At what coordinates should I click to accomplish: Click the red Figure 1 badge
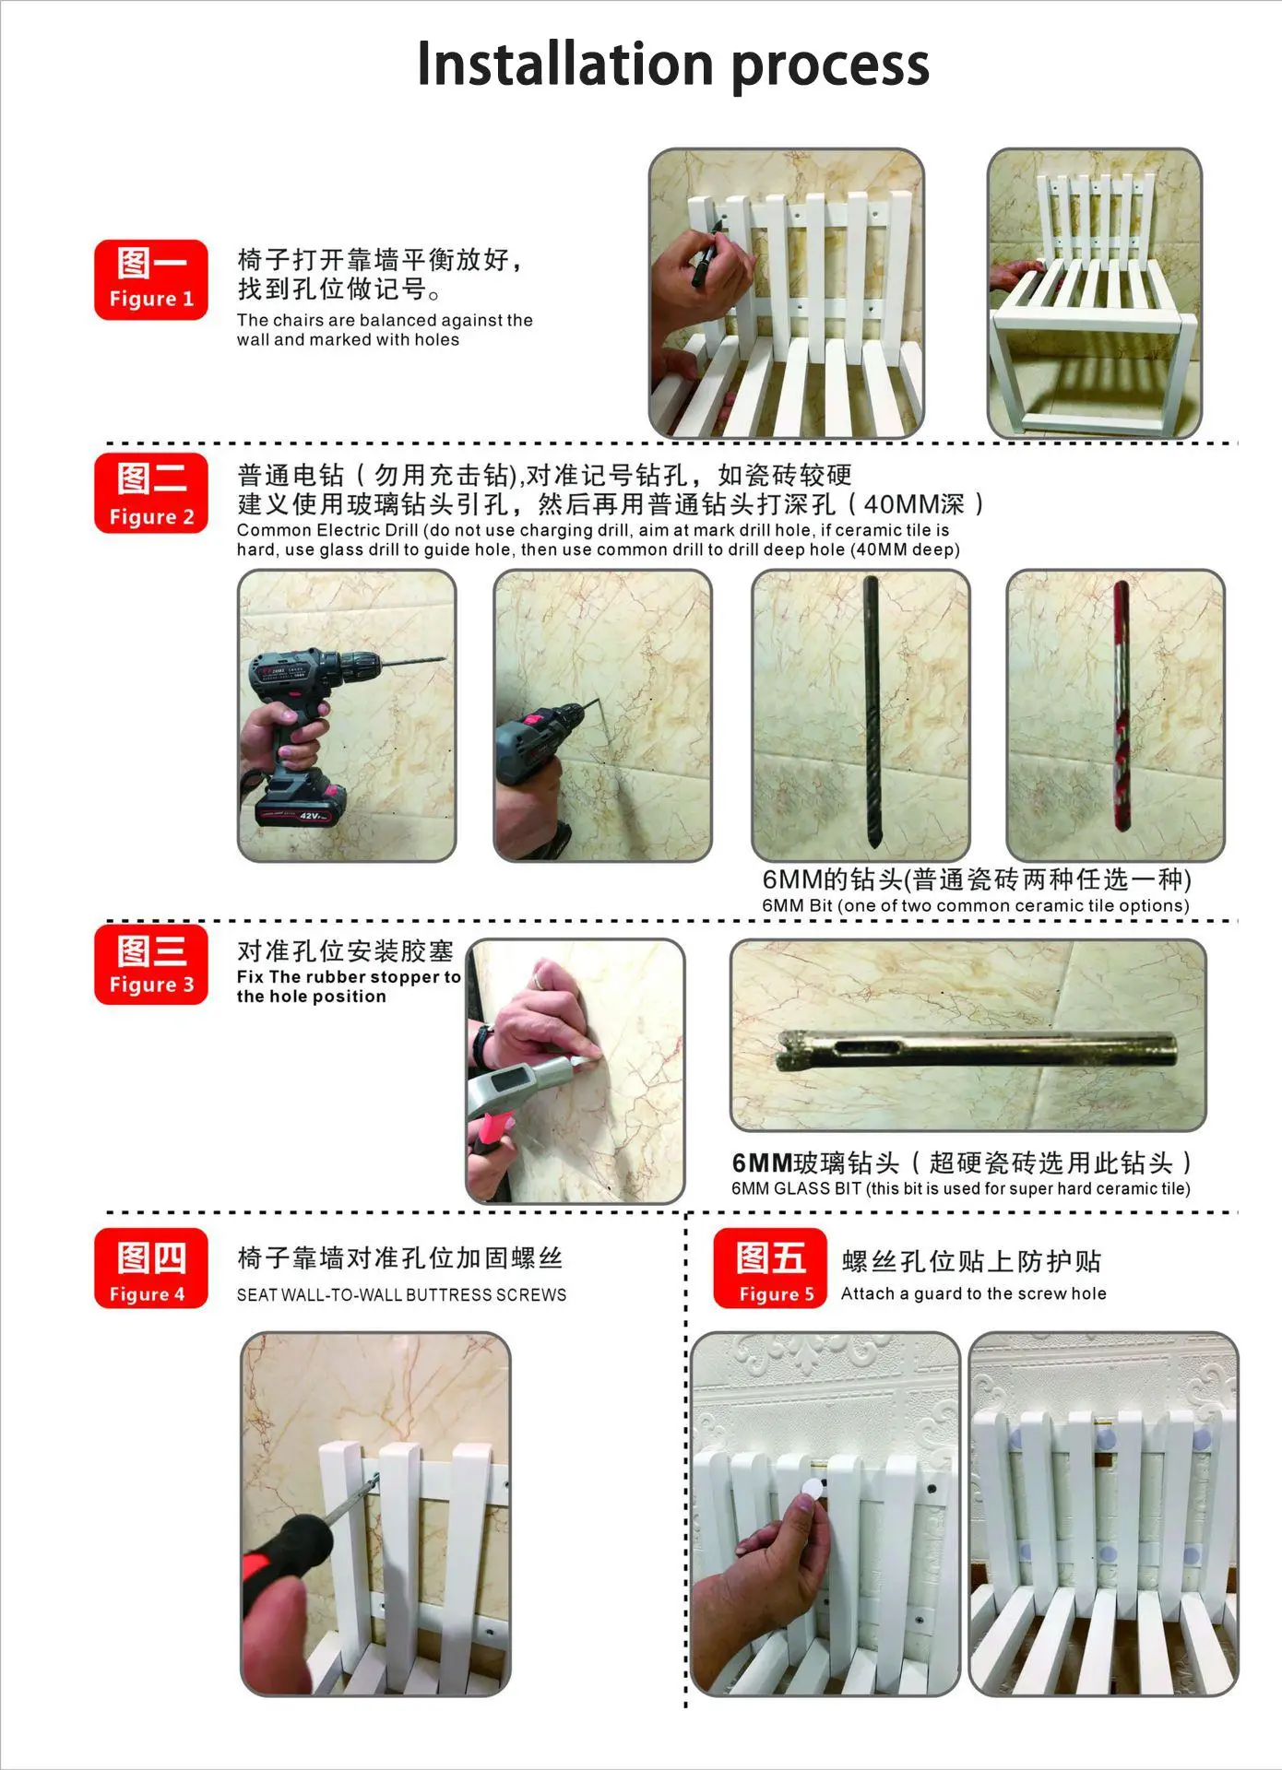151,280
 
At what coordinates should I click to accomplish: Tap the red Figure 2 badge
151,493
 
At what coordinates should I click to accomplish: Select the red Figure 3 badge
151,964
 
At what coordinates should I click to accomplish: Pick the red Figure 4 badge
151,1268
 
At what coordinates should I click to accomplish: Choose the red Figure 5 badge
770,1268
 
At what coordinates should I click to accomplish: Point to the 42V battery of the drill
301,805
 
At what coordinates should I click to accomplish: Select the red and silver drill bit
1121,705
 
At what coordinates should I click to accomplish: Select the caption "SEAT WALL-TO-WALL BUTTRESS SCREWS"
401,1294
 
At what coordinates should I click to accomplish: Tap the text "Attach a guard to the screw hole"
973,1293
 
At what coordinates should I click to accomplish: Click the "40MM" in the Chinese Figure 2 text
901,504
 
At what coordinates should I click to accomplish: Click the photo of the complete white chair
1095,293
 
